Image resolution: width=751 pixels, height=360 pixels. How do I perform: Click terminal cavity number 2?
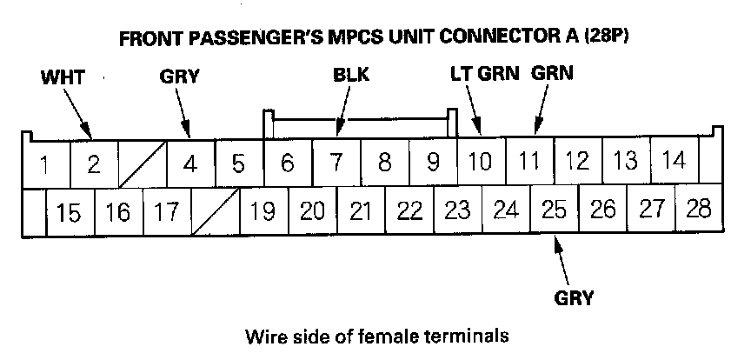tap(93, 163)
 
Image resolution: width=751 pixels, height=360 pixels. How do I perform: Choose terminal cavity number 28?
tap(698, 210)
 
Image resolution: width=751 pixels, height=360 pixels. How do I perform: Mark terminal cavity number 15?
tap(70, 211)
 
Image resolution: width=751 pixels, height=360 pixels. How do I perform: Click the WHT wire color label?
tap(62, 77)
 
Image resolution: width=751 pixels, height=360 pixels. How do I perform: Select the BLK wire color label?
tap(351, 75)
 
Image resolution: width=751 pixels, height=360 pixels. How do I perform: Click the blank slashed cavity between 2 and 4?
tap(142, 163)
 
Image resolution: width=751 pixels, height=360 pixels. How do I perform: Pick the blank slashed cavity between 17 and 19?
tap(215, 210)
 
